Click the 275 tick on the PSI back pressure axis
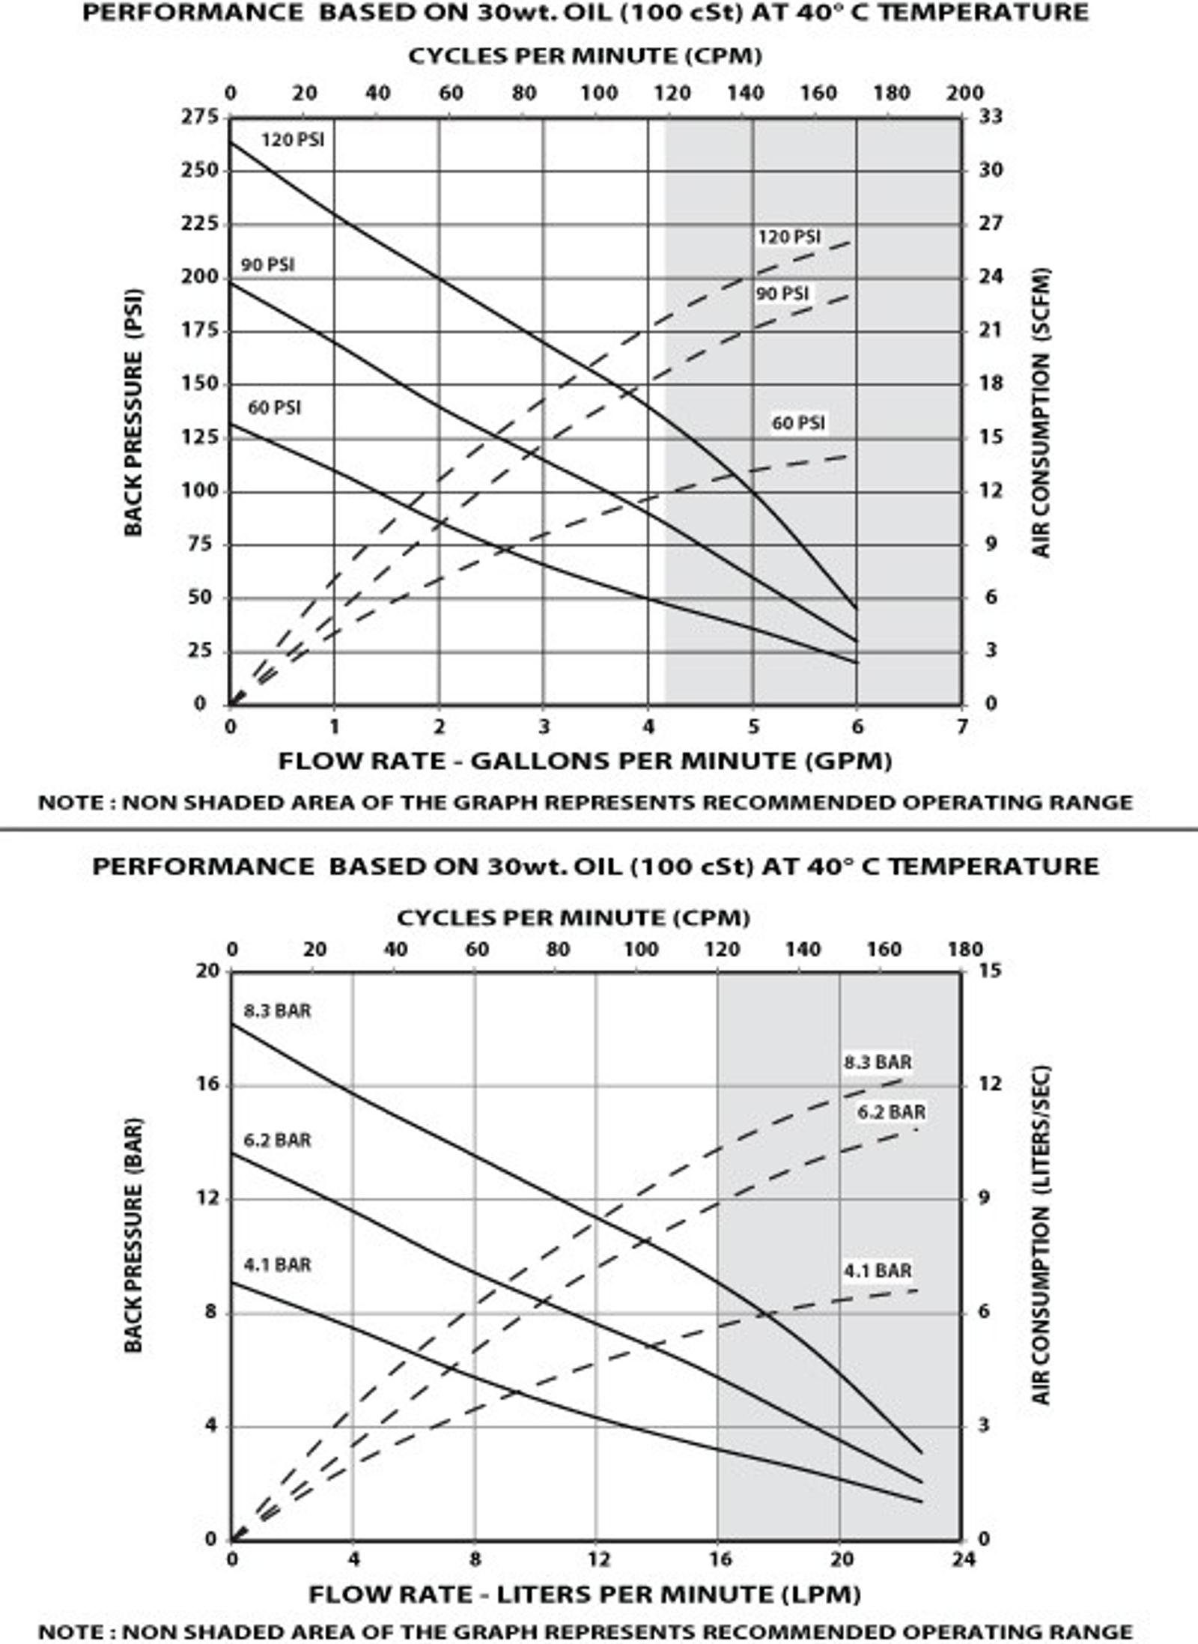click(x=199, y=117)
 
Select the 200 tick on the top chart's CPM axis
click(x=964, y=93)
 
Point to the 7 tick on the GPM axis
click(x=962, y=726)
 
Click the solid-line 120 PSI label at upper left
click(x=293, y=140)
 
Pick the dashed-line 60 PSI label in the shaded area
click(x=799, y=423)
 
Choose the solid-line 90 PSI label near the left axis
click(x=267, y=265)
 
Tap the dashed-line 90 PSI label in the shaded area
click(x=782, y=294)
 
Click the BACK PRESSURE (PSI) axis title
click(x=133, y=413)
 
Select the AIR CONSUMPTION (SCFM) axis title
click(x=1042, y=413)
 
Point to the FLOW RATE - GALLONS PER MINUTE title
click(x=585, y=761)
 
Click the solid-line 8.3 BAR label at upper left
click(x=277, y=1010)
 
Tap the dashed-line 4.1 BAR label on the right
click(x=878, y=1270)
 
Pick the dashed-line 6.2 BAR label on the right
click(x=891, y=1112)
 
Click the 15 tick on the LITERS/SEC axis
click(x=991, y=970)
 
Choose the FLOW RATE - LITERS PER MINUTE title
click(x=585, y=1594)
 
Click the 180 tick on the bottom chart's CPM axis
click(x=964, y=949)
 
